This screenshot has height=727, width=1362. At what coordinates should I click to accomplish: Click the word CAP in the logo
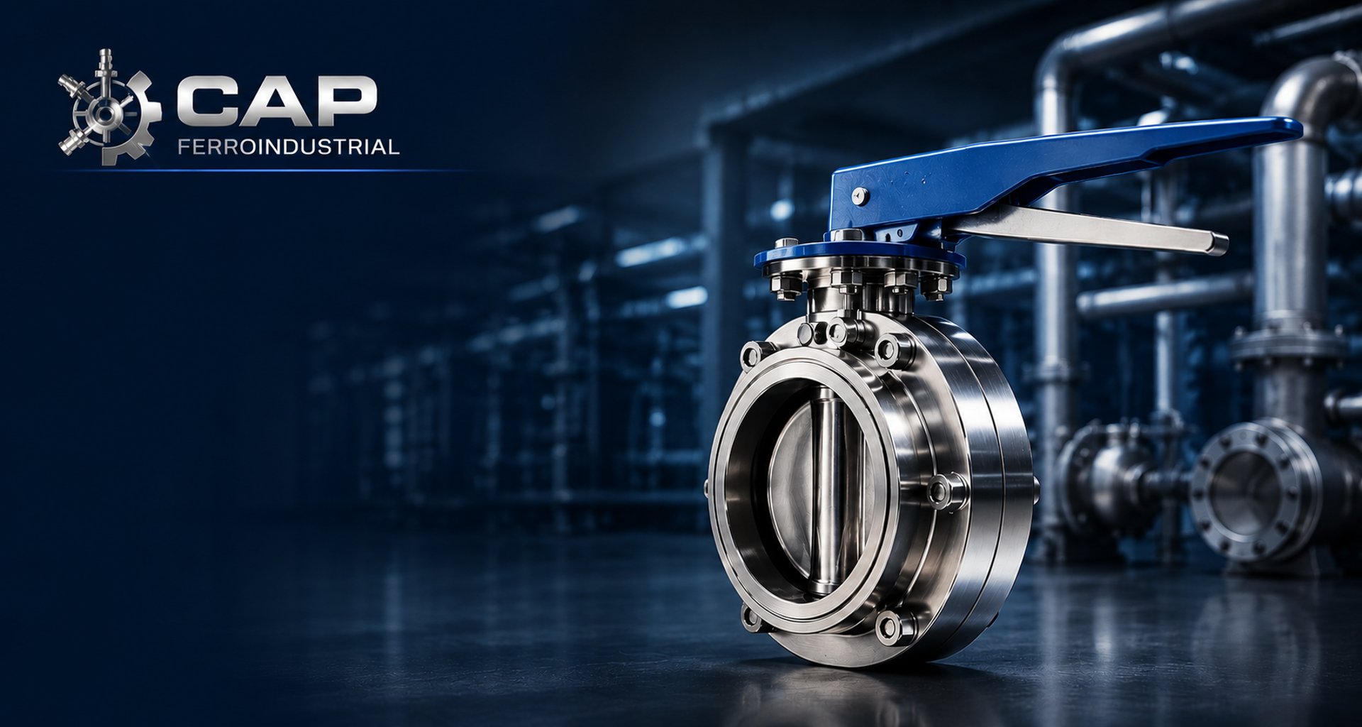[275, 99]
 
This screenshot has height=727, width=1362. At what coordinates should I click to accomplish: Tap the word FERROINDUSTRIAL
[289, 147]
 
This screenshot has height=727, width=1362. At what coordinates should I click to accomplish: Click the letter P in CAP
[345, 99]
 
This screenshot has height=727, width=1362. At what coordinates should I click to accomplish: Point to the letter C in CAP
[206, 99]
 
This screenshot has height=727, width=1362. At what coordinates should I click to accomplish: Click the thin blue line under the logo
[270, 170]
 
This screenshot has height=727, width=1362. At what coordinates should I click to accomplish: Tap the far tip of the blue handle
[1297, 128]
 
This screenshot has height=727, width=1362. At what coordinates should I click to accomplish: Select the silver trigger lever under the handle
[1085, 227]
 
